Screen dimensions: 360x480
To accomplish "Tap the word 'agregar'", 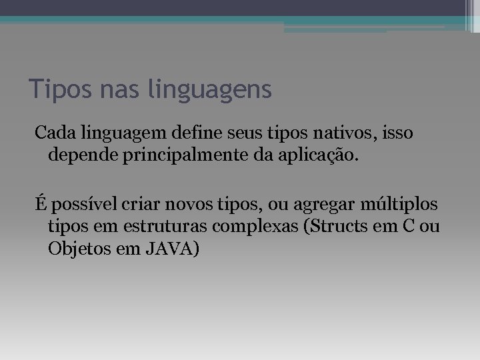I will (x=319, y=204).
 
